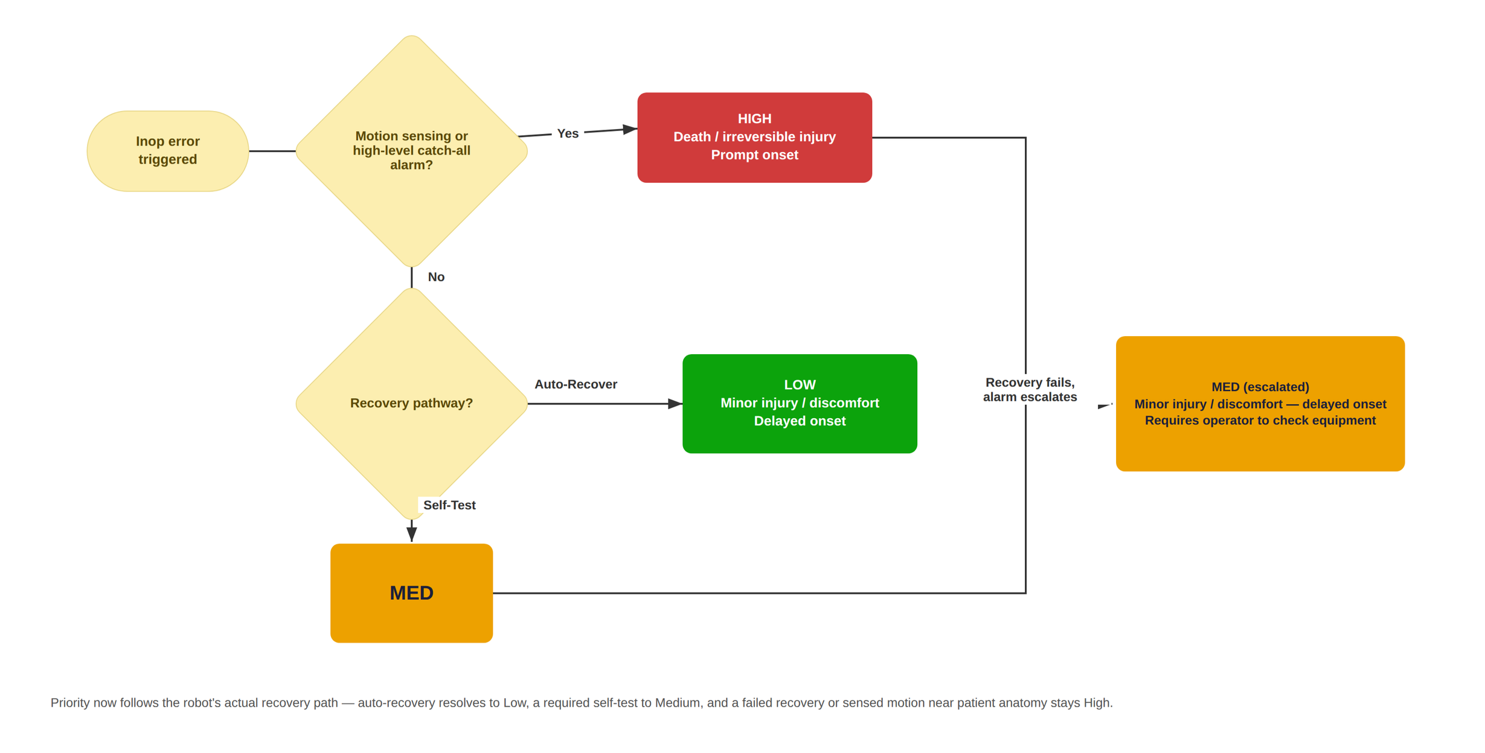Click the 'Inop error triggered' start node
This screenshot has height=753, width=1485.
coord(167,151)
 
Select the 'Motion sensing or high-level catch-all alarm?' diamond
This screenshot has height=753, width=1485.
coord(411,151)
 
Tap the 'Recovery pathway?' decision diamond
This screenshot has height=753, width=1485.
coord(411,404)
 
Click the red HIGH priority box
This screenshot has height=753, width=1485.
coord(754,138)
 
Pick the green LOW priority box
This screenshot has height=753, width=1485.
coord(800,404)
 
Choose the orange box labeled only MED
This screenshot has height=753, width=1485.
coord(411,593)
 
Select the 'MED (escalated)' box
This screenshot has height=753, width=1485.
coord(1260,404)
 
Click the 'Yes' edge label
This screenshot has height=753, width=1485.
coord(568,133)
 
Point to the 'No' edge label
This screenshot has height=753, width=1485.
coord(436,277)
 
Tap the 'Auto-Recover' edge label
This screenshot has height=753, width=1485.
coord(576,384)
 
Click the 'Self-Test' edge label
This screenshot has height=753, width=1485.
coord(449,505)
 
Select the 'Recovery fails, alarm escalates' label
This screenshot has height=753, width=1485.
coord(1030,390)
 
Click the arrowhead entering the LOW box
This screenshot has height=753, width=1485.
coord(675,404)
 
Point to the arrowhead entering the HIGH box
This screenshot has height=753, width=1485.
coord(630,129)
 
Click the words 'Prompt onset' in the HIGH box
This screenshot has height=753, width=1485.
coord(754,155)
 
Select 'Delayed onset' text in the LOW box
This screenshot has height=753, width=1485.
coord(800,421)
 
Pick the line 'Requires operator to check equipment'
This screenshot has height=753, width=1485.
coord(1260,421)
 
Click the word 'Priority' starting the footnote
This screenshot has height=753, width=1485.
coord(71,703)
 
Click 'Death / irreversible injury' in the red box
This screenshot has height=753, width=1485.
coord(754,137)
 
